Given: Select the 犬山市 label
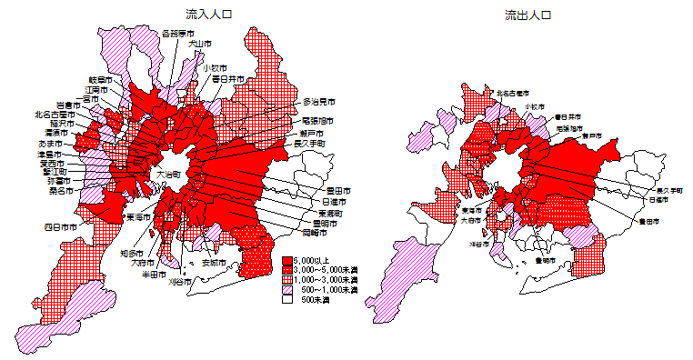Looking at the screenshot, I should click(x=199, y=43).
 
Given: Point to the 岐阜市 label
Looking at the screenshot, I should click(x=99, y=80).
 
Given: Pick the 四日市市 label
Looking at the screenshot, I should click(x=61, y=226).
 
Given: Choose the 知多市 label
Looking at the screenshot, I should click(x=132, y=254).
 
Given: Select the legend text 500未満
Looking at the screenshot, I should click(x=322, y=299).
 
